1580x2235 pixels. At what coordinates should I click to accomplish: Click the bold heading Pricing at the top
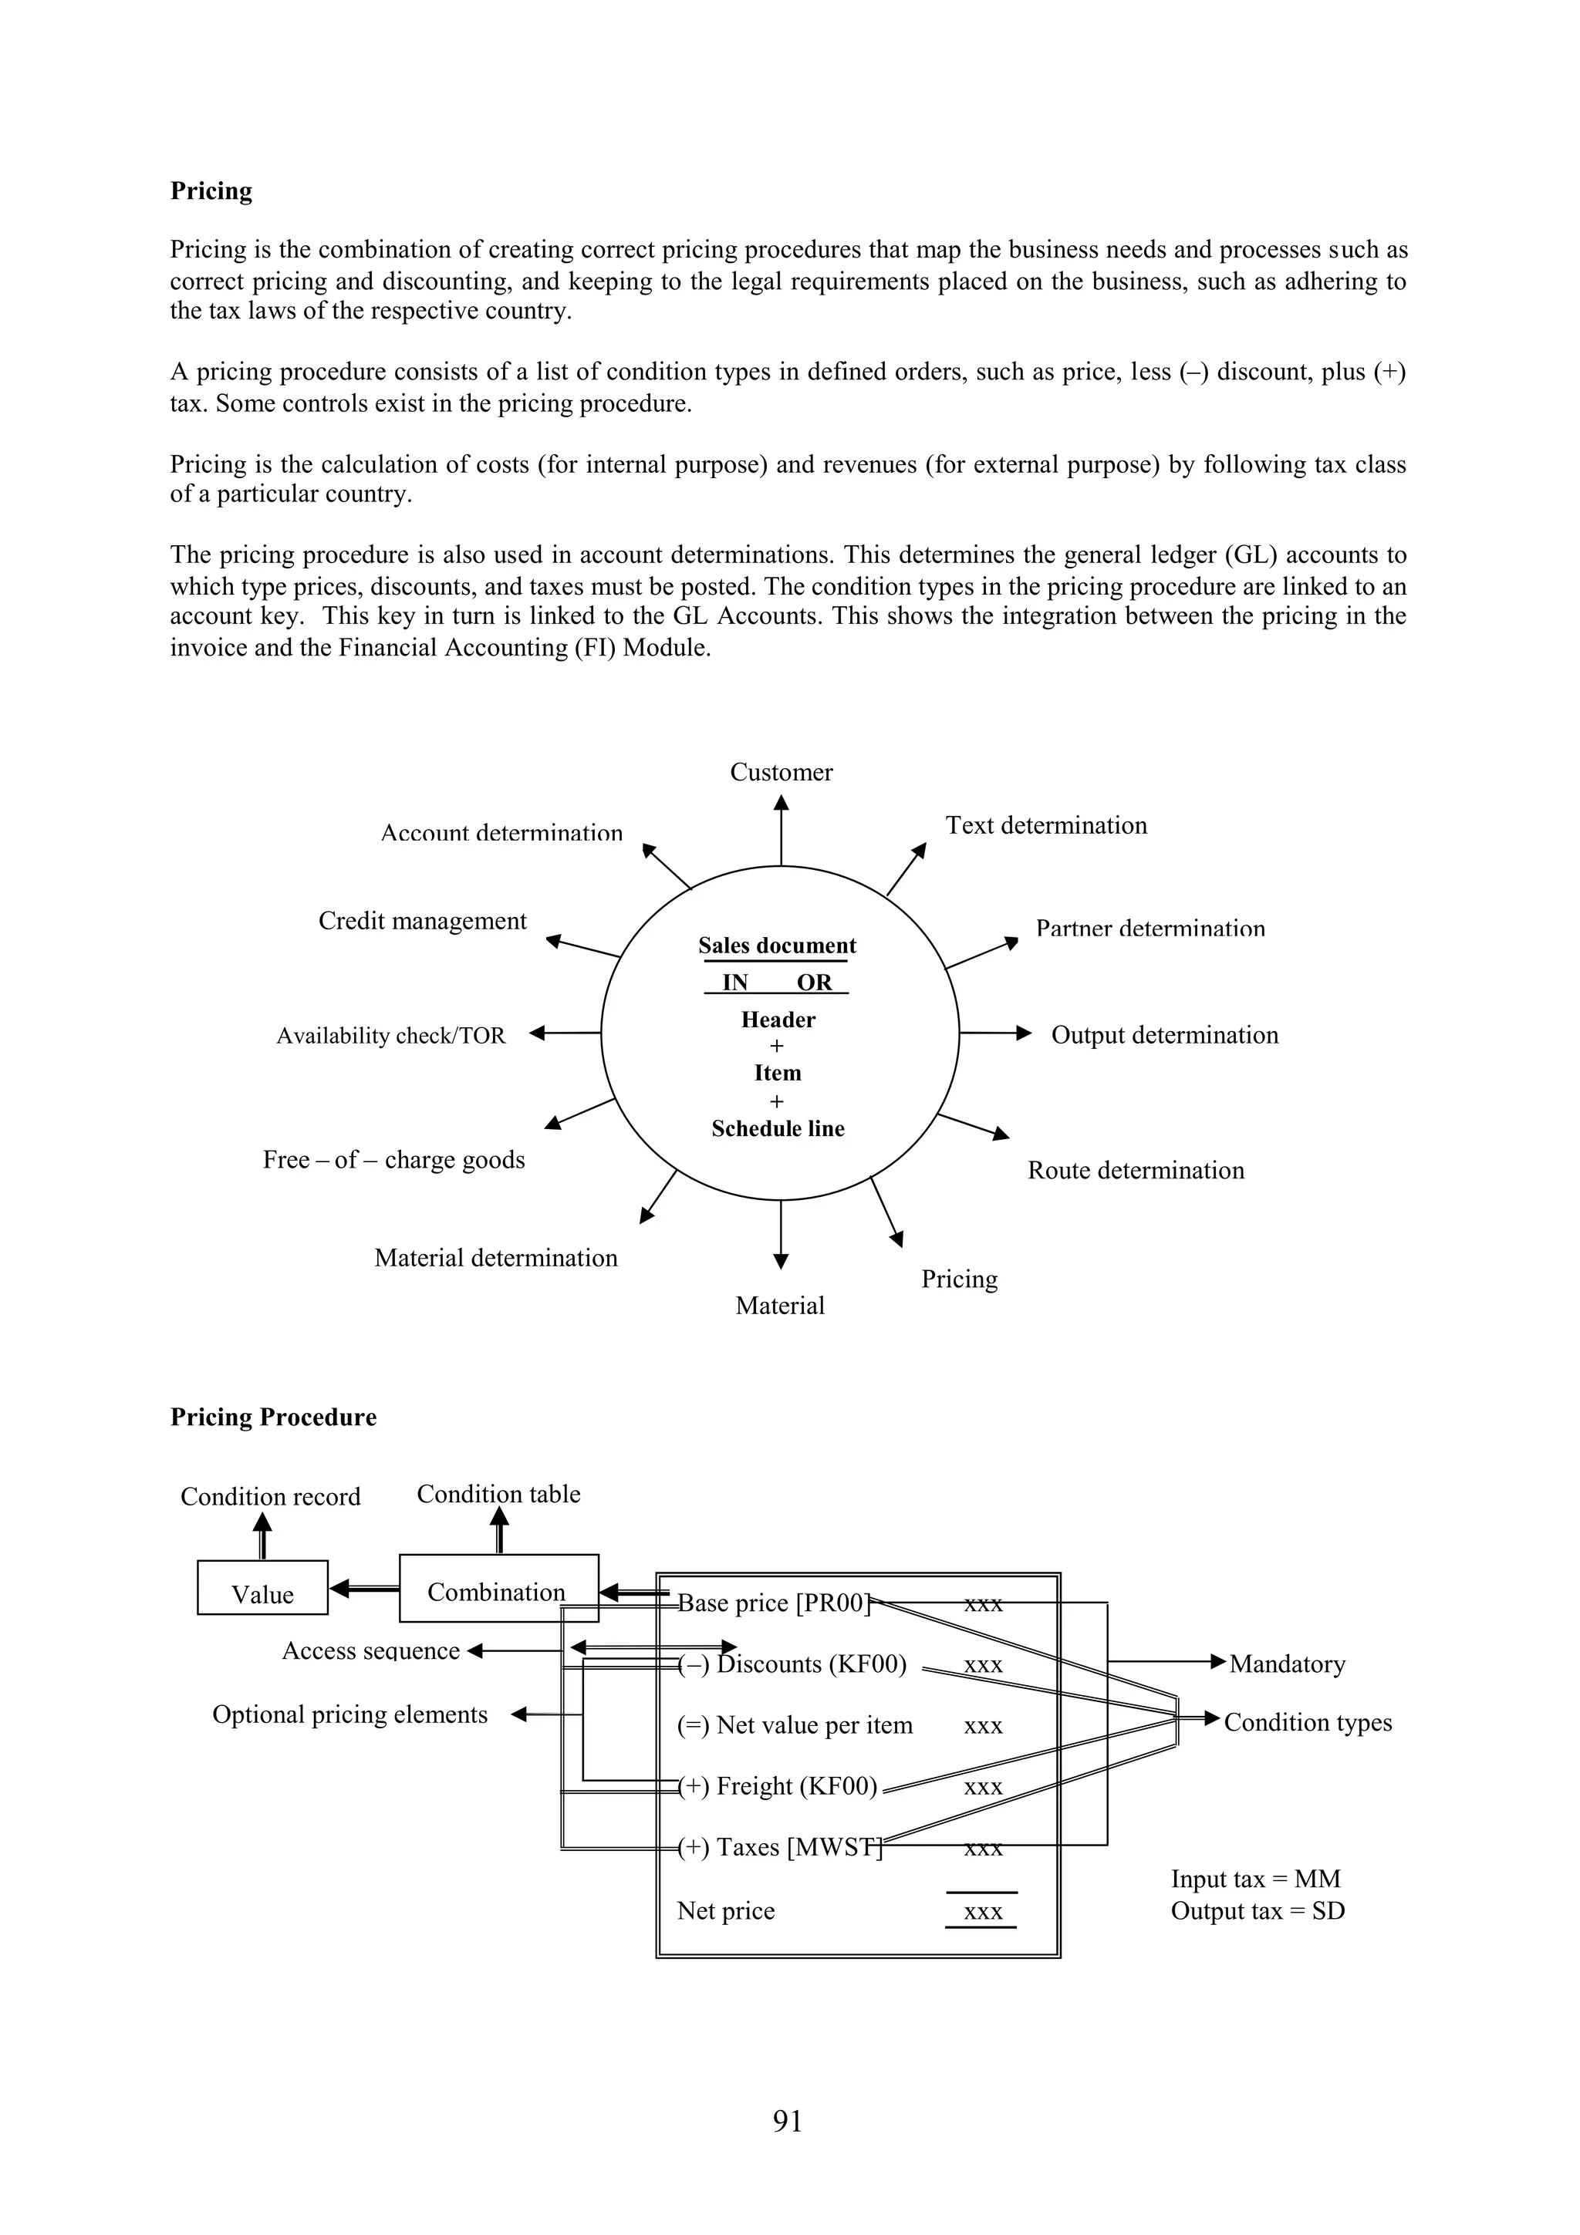[211, 190]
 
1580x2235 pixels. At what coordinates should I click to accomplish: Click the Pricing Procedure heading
[274, 1418]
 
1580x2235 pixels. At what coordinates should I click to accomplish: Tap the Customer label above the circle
[781, 772]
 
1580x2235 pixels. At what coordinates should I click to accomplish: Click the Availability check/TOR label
[390, 1036]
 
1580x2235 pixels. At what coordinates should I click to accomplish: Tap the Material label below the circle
[780, 1306]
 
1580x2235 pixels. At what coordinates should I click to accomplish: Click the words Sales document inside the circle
[777, 946]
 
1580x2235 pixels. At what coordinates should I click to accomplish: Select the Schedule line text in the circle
[778, 1128]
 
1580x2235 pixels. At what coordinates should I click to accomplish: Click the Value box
[263, 1593]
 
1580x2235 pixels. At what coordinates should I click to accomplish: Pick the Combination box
[498, 1592]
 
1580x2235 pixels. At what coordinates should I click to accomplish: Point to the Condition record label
[270, 1496]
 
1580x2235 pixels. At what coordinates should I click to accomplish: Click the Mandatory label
[1286, 1664]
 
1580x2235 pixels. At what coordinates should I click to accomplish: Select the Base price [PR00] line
[774, 1603]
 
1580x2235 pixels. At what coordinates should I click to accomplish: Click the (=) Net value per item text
[795, 1725]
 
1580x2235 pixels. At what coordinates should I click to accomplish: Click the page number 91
[788, 2120]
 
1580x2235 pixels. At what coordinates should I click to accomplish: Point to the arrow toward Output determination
[995, 1033]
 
